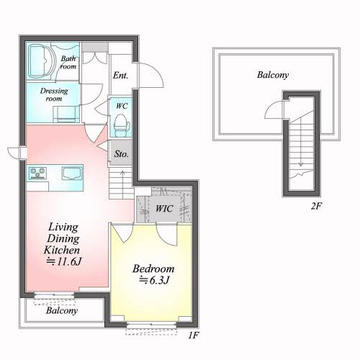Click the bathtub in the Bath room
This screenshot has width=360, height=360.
[x=40, y=62]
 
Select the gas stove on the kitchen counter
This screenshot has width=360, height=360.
[x=37, y=174]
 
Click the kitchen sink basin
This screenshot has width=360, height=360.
[x=71, y=173]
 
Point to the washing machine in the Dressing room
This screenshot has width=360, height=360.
[x=66, y=114]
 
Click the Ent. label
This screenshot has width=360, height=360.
[x=120, y=76]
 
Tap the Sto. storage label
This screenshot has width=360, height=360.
[x=121, y=154]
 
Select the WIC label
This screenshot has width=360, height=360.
[x=164, y=208]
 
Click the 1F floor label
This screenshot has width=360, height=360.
[x=193, y=336]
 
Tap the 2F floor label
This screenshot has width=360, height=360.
[x=316, y=206]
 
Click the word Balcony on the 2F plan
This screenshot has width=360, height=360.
[x=273, y=75]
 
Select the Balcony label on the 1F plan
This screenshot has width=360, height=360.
[x=62, y=310]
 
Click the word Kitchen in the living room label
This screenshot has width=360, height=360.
[x=62, y=250]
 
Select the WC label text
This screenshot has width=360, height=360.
[x=122, y=106]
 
